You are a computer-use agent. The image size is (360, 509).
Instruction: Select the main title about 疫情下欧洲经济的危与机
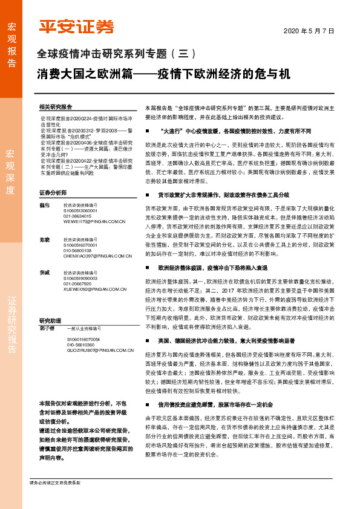point(163,74)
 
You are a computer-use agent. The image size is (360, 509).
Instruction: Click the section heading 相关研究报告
point(55,106)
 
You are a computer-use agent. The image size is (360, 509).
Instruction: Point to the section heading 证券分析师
point(53,193)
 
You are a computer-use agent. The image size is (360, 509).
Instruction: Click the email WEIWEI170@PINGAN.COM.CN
point(94,222)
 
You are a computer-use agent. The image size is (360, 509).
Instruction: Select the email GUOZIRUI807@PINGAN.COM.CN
point(96,350)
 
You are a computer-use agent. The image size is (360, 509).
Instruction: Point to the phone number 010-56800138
point(77,250)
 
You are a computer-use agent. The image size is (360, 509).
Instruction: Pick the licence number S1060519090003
point(80,279)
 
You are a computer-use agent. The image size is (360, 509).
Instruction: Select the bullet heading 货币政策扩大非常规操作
point(223,195)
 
